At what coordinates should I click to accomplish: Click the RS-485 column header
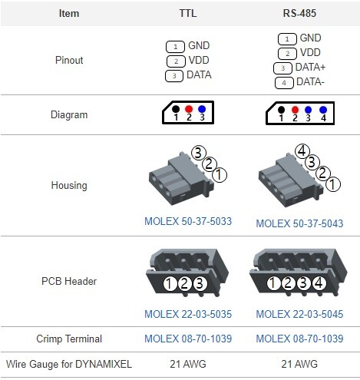click(299, 13)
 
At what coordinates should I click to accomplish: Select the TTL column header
click(188, 13)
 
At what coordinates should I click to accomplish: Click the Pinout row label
click(69, 60)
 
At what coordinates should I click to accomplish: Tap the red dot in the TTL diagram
click(189, 109)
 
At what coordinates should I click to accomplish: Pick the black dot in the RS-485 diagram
click(281, 110)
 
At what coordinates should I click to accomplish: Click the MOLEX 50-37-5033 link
click(188, 221)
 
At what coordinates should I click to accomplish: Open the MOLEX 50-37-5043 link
click(299, 223)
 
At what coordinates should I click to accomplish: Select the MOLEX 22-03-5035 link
click(188, 314)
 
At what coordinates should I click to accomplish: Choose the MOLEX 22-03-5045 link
click(299, 314)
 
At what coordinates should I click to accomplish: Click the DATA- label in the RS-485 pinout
click(310, 82)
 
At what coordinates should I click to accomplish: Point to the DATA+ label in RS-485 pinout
click(310, 68)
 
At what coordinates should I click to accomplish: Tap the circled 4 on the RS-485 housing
click(302, 151)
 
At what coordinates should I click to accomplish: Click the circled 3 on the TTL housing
click(199, 153)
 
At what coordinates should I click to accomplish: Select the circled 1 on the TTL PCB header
click(169, 284)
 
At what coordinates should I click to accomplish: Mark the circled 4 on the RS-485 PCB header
click(319, 283)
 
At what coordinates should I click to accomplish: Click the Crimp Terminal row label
click(69, 339)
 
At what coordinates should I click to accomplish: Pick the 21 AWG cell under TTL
click(188, 364)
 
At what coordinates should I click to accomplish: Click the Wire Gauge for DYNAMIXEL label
click(69, 364)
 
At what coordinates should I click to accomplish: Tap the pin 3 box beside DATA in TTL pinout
click(174, 76)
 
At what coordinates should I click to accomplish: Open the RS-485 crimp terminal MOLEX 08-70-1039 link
click(299, 339)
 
